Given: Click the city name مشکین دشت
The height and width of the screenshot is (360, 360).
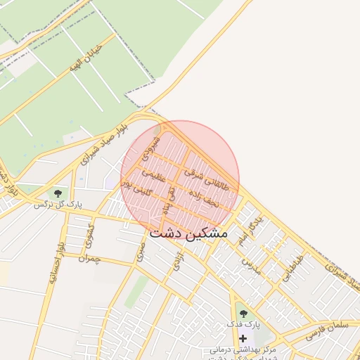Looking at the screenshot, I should [x=188, y=233].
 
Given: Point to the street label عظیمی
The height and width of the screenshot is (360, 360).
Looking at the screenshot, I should [x=153, y=175].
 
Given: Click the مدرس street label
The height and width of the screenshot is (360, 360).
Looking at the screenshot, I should [x=251, y=265].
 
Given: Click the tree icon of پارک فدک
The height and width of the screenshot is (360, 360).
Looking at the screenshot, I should [x=244, y=313].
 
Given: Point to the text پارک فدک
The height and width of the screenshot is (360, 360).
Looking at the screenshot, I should [x=243, y=324].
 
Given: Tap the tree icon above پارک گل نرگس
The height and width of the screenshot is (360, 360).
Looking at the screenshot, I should [x=58, y=193].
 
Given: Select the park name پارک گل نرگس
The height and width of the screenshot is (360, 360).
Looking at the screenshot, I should [x=58, y=204].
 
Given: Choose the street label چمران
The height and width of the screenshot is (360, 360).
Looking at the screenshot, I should [x=91, y=258].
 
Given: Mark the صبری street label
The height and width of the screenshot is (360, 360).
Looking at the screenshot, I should [x=141, y=250].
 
